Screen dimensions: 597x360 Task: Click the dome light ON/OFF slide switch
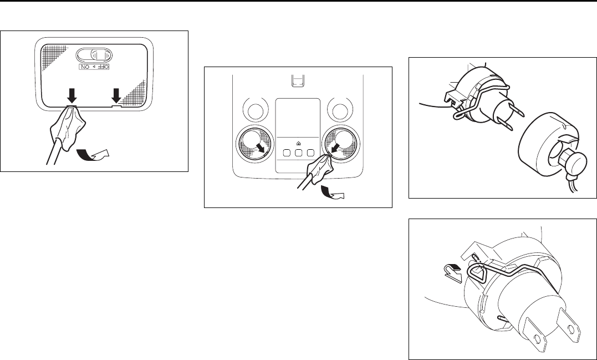pyautogui.click(x=94, y=55)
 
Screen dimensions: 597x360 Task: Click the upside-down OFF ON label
pyautogui.click(x=94, y=67)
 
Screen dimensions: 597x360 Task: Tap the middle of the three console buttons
pyautogui.click(x=299, y=153)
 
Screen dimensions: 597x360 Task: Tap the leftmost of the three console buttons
pyautogui.click(x=287, y=153)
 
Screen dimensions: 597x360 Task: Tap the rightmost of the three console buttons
pyautogui.click(x=311, y=153)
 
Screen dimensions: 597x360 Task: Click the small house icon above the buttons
pyautogui.click(x=298, y=143)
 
